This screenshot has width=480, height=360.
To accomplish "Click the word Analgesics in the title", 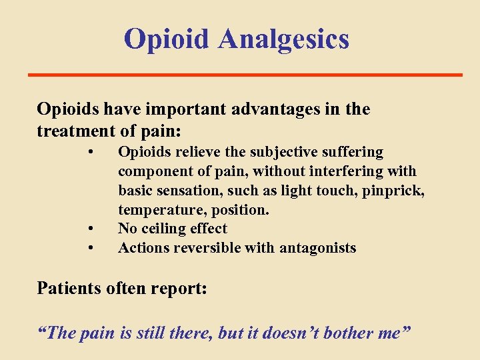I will [x=284, y=39].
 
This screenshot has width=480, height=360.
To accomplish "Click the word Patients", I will [x=66, y=288].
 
